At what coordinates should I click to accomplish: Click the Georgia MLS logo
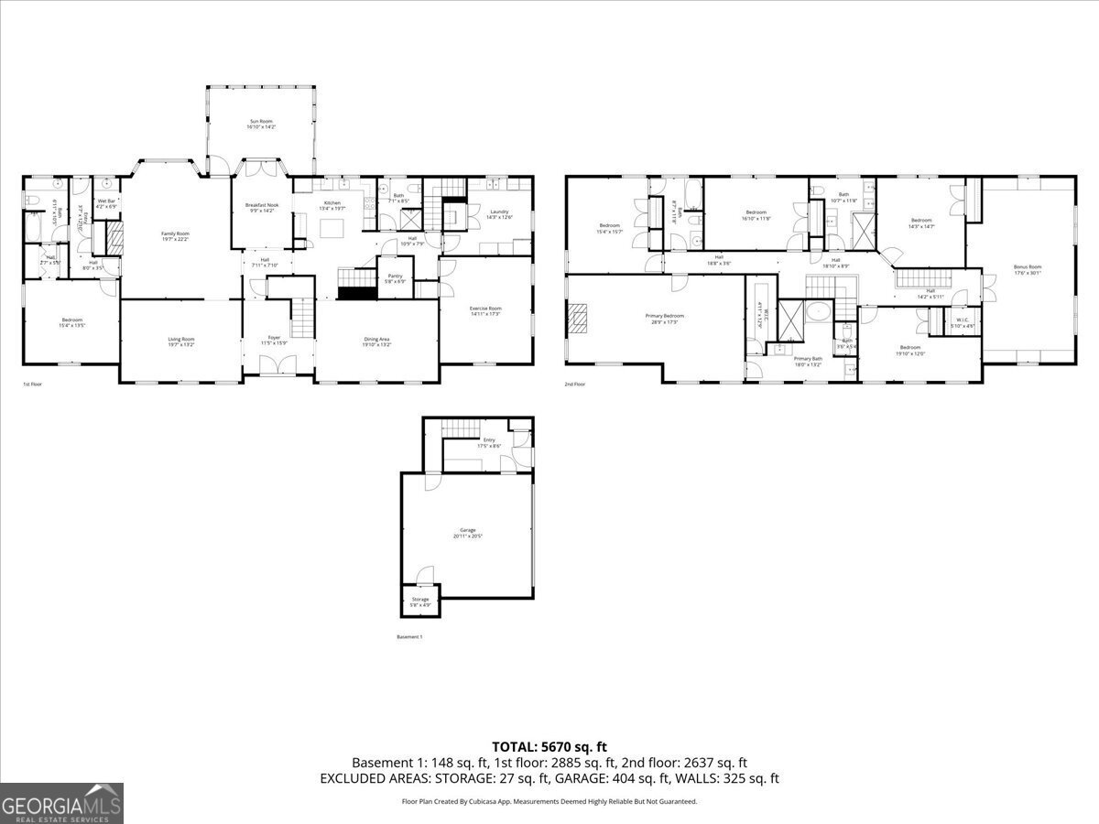click(61, 803)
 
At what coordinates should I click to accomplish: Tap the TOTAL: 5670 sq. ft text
click(549, 747)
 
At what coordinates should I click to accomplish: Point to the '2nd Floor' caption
click(574, 385)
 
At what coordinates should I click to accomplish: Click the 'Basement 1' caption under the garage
click(409, 636)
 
